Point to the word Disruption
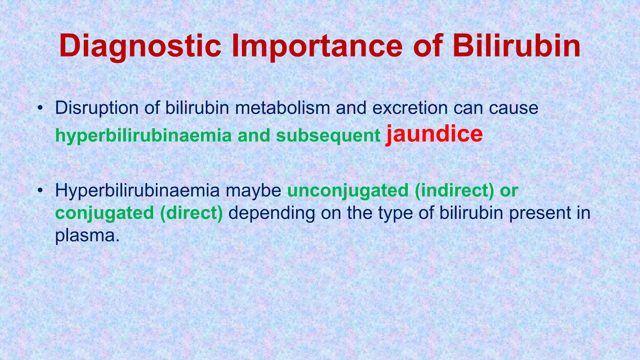pyautogui.click(x=97, y=108)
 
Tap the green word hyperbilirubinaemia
pyautogui.click(x=143, y=136)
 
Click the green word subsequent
pyautogui.click(x=328, y=136)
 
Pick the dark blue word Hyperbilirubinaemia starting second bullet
pyautogui.click(x=137, y=191)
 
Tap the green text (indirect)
pyautogui.click(x=454, y=191)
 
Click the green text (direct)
pyautogui.click(x=191, y=213)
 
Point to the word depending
pyautogui.click(x=272, y=213)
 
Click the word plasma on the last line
pyautogui.click(x=87, y=236)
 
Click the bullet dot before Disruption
pyautogui.click(x=39, y=109)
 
